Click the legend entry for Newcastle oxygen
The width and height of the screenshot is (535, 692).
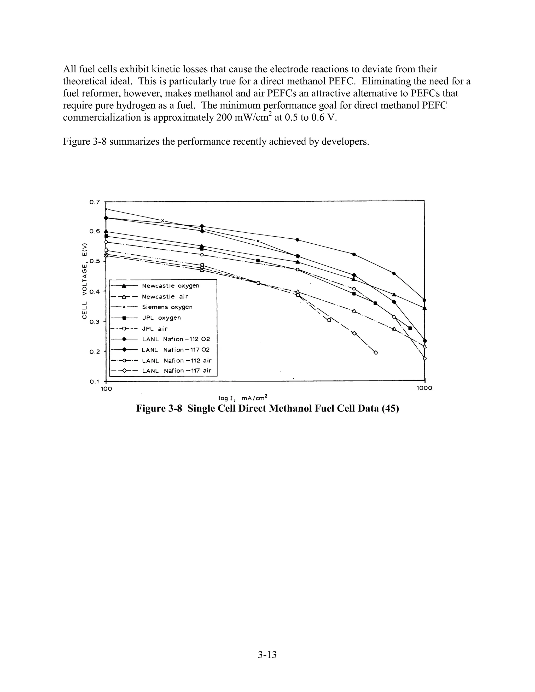171,286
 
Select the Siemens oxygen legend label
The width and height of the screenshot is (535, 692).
167,307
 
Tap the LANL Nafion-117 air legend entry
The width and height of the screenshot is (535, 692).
177,371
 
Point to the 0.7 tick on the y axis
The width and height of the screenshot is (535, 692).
95,202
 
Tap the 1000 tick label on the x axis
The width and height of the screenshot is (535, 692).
424,389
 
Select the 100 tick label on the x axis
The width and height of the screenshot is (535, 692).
106,389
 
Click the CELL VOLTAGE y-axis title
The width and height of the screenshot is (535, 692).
84,280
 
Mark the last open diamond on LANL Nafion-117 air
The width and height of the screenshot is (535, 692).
376,353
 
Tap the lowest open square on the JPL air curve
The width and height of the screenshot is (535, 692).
329,320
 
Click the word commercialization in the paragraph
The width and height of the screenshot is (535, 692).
107,118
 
